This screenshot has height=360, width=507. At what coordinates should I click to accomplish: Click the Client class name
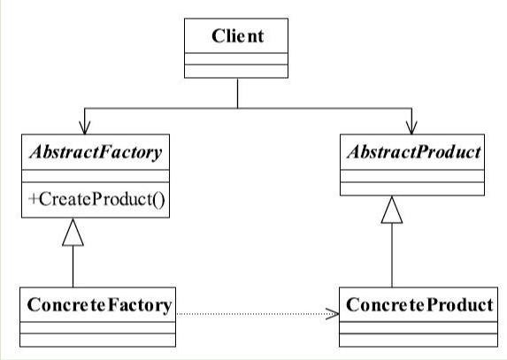[x=238, y=36]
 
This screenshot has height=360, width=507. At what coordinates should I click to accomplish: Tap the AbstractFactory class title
[x=96, y=152]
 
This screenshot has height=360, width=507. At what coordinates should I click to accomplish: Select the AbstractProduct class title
[x=414, y=151]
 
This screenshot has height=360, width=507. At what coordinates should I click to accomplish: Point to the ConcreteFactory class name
[x=99, y=305]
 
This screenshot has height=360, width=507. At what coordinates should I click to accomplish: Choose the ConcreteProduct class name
[x=419, y=305]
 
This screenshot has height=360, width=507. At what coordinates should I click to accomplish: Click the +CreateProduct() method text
[x=97, y=199]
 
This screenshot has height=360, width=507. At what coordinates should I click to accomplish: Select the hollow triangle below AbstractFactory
[x=73, y=233]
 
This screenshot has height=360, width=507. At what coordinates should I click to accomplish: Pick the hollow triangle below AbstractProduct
[x=392, y=210]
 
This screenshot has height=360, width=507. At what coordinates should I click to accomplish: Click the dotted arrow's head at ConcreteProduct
[x=333, y=314]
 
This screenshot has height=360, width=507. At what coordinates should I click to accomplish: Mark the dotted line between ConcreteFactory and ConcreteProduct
[x=257, y=314]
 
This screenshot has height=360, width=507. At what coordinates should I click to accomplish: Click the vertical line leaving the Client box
[x=238, y=93]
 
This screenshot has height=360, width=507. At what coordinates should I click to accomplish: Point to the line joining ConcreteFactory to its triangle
[x=73, y=266]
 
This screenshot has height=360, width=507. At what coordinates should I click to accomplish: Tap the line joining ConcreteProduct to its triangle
[x=392, y=256]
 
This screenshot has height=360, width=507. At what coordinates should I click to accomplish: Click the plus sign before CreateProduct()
[x=33, y=199]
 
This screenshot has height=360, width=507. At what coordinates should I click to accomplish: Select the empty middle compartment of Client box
[x=236, y=58]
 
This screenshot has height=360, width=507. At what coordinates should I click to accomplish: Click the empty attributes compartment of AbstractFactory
[x=96, y=176]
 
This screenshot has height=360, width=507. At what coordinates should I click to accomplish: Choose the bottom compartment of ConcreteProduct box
[x=419, y=340]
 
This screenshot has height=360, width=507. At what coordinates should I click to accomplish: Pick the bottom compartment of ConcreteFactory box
[x=97, y=340]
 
